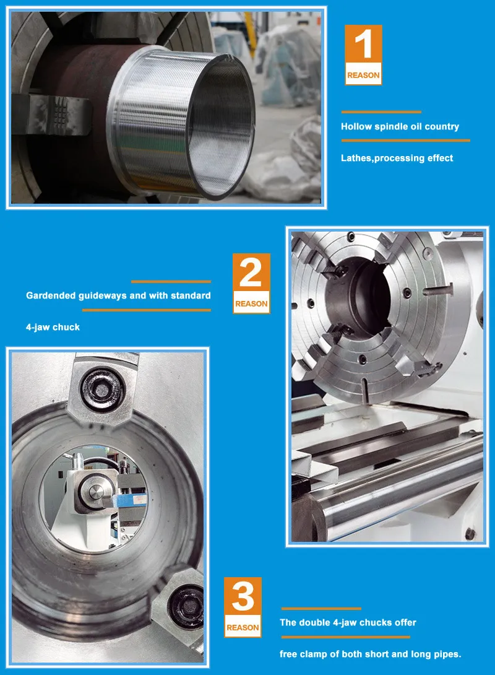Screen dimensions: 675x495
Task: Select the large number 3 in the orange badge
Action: (x=242, y=598)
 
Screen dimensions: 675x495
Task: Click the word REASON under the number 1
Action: (x=363, y=76)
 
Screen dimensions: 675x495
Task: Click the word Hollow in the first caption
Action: (x=356, y=126)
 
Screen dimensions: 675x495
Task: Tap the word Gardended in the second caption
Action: (x=51, y=295)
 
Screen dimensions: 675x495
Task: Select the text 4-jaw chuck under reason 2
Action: (x=53, y=326)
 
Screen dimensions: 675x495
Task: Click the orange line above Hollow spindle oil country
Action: (x=381, y=112)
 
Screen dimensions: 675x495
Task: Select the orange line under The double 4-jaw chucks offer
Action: (x=345, y=637)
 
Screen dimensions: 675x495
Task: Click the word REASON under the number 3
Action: (x=242, y=627)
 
